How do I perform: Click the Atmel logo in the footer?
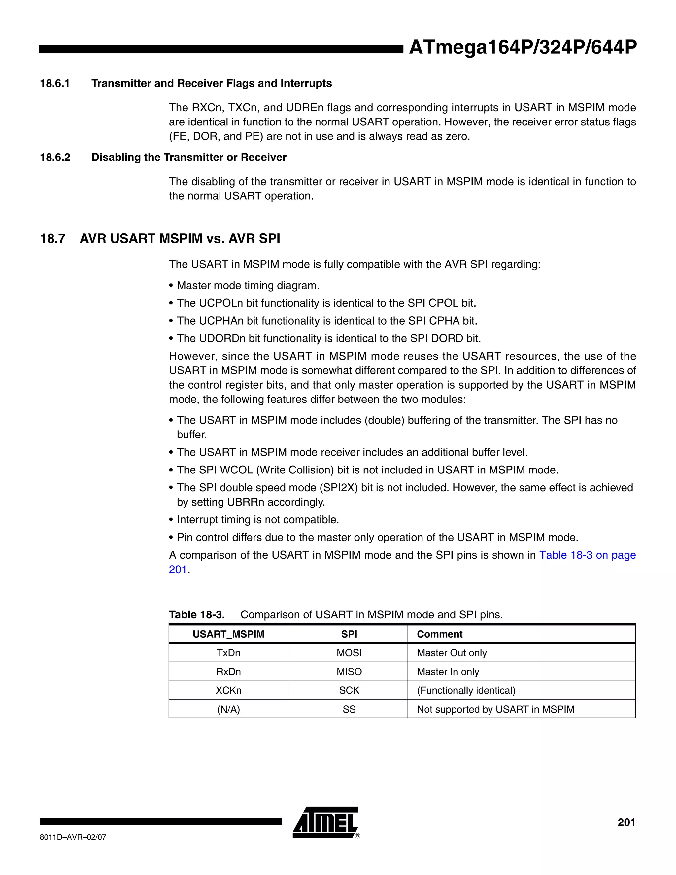coord(325,823)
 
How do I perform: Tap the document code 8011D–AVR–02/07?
coord(73,837)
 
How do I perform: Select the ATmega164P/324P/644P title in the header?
coord(523,48)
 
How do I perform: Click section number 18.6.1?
coord(55,83)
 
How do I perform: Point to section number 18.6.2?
coord(55,157)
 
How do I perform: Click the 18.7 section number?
coord(52,239)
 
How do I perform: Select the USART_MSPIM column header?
coord(228,634)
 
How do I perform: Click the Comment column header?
coord(439,634)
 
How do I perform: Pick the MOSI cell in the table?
coord(349,653)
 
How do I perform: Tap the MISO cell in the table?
coord(349,672)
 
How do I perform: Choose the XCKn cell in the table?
coord(228,691)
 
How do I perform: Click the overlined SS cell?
coord(349,710)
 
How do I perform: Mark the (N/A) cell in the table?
coord(228,710)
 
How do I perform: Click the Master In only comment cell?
coord(448,672)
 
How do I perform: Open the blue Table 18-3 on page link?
coord(587,555)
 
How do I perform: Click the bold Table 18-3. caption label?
coord(197,615)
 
